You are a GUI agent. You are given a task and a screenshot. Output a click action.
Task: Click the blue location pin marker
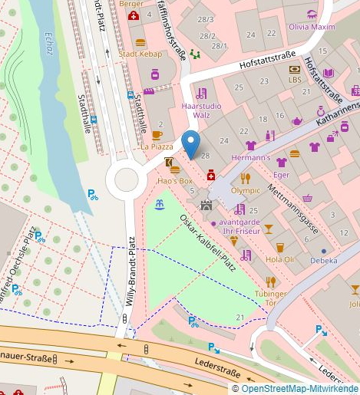pyautogui.click(x=190, y=143)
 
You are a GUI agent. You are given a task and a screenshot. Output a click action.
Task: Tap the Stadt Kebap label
pyautogui.click(x=140, y=54)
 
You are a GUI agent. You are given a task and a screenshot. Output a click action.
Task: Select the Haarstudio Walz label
pyautogui.click(x=196, y=110)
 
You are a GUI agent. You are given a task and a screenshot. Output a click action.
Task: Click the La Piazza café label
pyautogui.click(x=156, y=146)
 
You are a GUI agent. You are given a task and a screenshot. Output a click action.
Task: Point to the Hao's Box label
pyautogui.click(x=175, y=180)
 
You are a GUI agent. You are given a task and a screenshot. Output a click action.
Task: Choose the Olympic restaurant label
pyautogui.click(x=246, y=190)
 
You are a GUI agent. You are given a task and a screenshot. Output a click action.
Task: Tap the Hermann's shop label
pyautogui.click(x=251, y=157)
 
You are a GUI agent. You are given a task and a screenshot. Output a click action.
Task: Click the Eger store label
pyautogui.click(x=282, y=174)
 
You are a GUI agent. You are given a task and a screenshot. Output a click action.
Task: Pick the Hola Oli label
pyautogui.click(x=279, y=259)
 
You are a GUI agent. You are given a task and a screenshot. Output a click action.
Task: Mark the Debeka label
pyautogui.click(x=323, y=260)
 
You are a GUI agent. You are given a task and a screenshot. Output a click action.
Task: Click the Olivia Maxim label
pyautogui.click(x=311, y=26)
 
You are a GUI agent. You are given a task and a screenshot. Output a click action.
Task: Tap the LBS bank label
pyautogui.click(x=295, y=79)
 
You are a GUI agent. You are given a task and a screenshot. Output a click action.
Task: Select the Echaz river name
pyautogui.click(x=49, y=44)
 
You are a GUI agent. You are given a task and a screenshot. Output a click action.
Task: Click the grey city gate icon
pyautogui.click(x=206, y=205)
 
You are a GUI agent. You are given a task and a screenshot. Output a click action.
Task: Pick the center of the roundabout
pyautogui.click(x=122, y=182)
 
